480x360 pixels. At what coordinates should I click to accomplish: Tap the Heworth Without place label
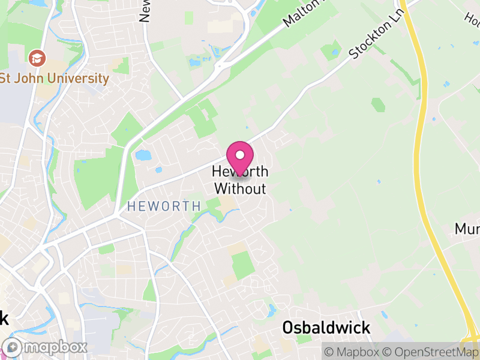(x=240, y=180)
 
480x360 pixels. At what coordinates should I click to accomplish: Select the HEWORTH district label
(x=164, y=206)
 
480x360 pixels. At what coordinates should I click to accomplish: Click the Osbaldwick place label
(x=326, y=328)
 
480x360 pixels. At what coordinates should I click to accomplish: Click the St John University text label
(x=55, y=79)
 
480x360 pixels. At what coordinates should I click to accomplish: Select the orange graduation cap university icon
(x=37, y=59)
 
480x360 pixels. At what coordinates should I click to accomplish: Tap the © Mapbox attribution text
(x=352, y=351)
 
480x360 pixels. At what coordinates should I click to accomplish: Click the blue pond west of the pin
(x=143, y=156)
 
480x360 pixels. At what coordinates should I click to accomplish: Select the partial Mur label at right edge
(x=467, y=229)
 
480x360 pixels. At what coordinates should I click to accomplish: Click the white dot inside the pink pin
(x=240, y=155)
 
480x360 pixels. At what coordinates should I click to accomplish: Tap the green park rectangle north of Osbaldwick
(x=242, y=265)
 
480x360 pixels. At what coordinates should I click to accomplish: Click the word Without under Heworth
(x=240, y=188)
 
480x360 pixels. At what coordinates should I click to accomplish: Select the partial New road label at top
(x=145, y=11)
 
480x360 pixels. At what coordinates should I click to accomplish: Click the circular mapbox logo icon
(x=13, y=347)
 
